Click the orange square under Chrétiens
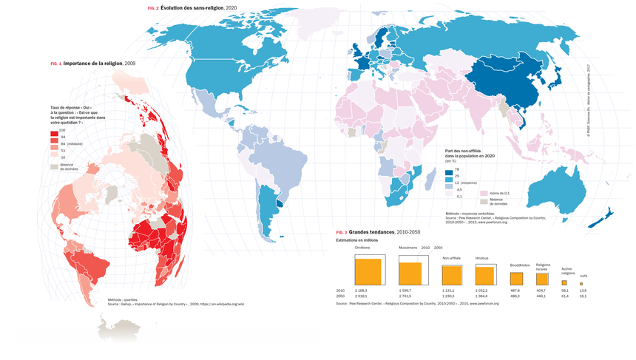coord(368,271)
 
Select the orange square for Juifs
coord(581,284)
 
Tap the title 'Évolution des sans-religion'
coord(192,7)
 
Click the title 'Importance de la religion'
coord(92,64)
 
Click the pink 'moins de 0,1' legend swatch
coord(484,193)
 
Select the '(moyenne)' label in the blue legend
coord(476,183)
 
